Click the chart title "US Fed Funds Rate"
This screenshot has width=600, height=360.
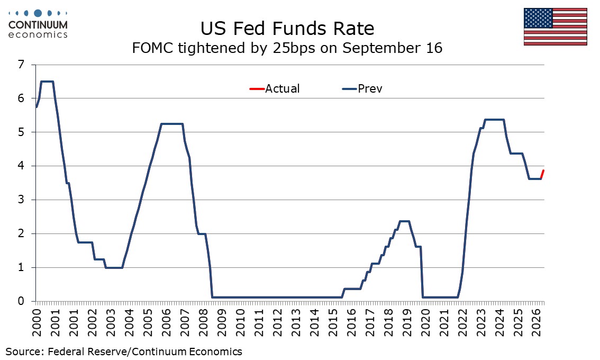287,29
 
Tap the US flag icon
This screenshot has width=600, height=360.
555,26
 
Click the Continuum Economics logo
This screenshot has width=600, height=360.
38,24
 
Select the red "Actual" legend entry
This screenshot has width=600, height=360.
274,89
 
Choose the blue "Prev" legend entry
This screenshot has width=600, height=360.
362,89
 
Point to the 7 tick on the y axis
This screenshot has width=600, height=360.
21,65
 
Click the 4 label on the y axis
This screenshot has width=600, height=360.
21,166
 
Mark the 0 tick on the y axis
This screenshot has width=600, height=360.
21,301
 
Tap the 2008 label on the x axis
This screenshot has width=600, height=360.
204,322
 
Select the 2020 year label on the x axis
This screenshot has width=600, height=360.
426,322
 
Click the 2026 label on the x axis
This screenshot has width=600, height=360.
537,322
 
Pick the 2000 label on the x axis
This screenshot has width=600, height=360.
37,322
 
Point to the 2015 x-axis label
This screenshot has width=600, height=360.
333,322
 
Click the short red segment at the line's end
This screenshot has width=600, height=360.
542,174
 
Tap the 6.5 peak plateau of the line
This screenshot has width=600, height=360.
47,81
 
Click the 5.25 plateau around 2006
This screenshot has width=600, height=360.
172,124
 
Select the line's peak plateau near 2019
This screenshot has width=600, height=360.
404,221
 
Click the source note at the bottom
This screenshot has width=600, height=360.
124,352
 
